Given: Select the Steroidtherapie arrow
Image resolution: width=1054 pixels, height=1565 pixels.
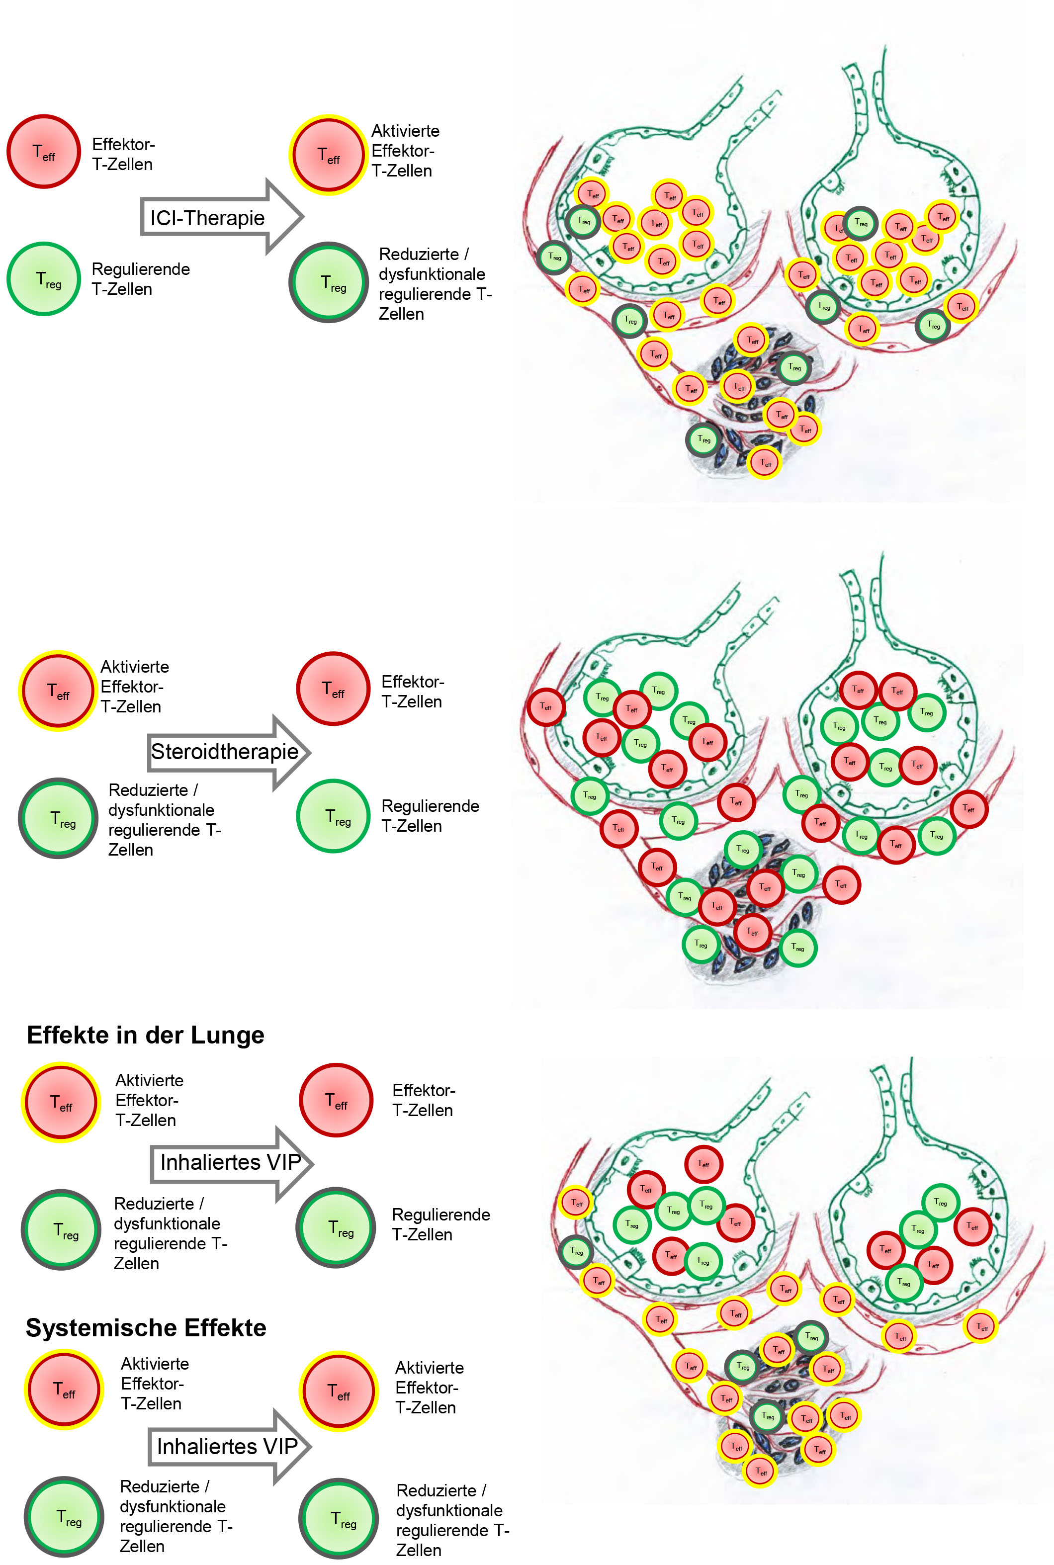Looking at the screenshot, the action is point(229,752).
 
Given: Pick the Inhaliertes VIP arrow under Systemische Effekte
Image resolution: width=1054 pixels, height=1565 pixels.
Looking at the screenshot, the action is point(230,1447).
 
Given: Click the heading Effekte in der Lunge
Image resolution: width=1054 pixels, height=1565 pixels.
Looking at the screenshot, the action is point(145,1035).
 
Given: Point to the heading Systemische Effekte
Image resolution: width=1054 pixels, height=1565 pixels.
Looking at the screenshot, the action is point(146,1327).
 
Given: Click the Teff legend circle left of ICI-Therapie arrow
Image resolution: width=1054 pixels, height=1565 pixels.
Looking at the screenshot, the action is point(44,151).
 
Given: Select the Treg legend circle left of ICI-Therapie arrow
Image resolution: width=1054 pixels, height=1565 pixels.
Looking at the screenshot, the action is point(44,278).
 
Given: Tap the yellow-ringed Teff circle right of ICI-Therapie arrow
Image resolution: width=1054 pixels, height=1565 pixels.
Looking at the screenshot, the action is point(329,155).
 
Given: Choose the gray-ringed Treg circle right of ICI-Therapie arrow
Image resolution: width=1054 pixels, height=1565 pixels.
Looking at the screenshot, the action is point(329,282).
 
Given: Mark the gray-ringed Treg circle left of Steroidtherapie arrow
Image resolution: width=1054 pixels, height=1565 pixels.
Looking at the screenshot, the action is point(59,818).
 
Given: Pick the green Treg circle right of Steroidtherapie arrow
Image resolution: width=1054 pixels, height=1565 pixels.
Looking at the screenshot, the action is point(334,816).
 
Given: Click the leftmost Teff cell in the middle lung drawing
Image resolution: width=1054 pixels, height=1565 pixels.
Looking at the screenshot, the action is point(546,707).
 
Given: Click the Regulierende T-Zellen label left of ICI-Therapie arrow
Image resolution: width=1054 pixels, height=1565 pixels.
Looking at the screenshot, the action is point(141,279).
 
